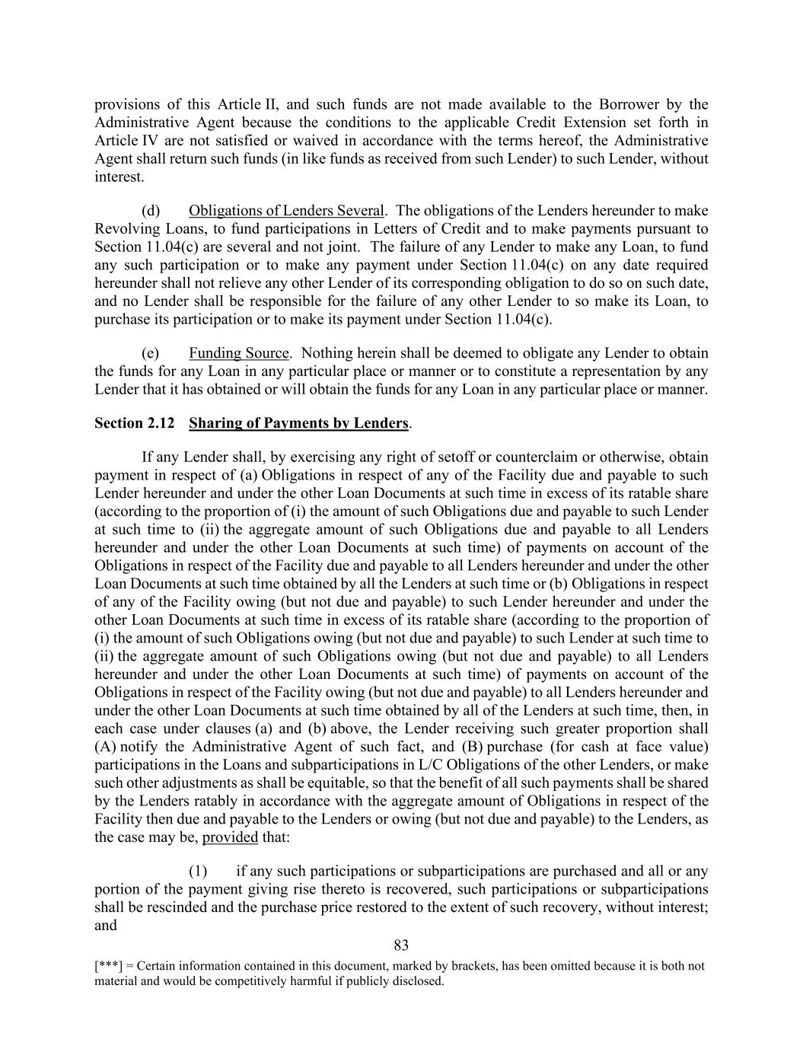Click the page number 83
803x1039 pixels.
401,945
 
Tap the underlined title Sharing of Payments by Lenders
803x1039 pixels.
298,423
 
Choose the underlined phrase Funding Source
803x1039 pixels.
239,353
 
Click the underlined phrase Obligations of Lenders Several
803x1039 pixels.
286,211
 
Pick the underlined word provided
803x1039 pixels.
230,837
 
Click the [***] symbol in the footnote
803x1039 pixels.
108,967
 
